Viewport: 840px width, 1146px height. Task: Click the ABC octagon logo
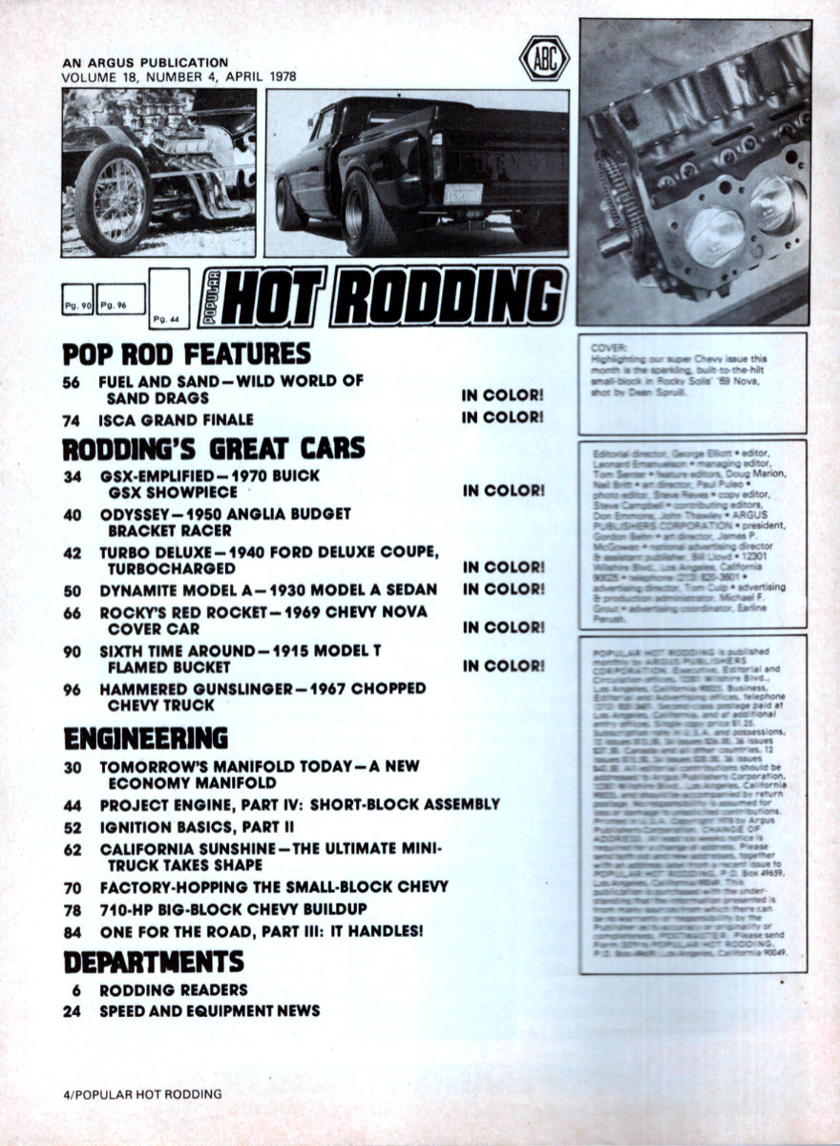pyautogui.click(x=544, y=58)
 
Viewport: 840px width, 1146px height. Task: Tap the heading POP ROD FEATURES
pyautogui.click(x=187, y=353)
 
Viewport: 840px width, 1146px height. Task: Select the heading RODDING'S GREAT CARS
pyautogui.click(x=214, y=448)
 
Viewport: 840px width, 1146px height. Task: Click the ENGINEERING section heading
pyautogui.click(x=145, y=738)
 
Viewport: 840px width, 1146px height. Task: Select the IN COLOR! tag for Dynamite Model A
pyautogui.click(x=503, y=589)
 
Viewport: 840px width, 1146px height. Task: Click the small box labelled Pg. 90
pyautogui.click(x=77, y=300)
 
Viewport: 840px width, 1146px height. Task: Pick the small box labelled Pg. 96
pyautogui.click(x=121, y=300)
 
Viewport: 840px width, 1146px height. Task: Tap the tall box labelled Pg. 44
pyautogui.click(x=168, y=300)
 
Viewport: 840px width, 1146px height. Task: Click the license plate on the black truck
pyautogui.click(x=464, y=195)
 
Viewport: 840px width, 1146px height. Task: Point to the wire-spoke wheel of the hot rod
pyautogui.click(x=112, y=199)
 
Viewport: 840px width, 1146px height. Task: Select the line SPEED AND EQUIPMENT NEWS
pyautogui.click(x=210, y=1010)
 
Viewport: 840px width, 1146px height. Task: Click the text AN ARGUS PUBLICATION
pyautogui.click(x=145, y=63)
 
